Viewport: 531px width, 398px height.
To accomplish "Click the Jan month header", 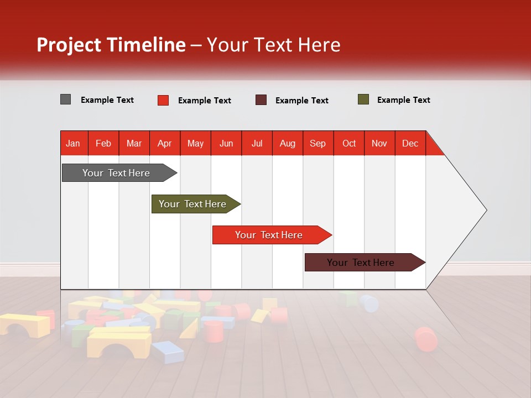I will point(74,143).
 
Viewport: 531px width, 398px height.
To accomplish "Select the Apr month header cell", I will point(165,143).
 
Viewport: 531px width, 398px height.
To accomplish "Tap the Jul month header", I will point(257,143).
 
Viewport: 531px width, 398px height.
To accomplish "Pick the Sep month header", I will point(318,143).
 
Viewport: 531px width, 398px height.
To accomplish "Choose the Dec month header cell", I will point(410,143).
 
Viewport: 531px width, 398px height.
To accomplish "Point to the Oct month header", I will point(349,143).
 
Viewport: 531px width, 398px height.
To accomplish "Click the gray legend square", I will point(65,99).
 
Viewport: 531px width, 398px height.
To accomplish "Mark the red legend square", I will point(163,100).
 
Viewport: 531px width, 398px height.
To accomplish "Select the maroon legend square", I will point(261,100).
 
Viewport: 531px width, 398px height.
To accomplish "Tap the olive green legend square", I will point(363,99).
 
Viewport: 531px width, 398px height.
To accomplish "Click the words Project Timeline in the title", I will point(111,45).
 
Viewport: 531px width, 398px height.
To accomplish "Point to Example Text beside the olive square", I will point(403,100).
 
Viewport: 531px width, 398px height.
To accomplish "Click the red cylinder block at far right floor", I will point(425,338).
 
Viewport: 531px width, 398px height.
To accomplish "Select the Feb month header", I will point(103,143).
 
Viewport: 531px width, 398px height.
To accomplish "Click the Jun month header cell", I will point(226,143).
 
